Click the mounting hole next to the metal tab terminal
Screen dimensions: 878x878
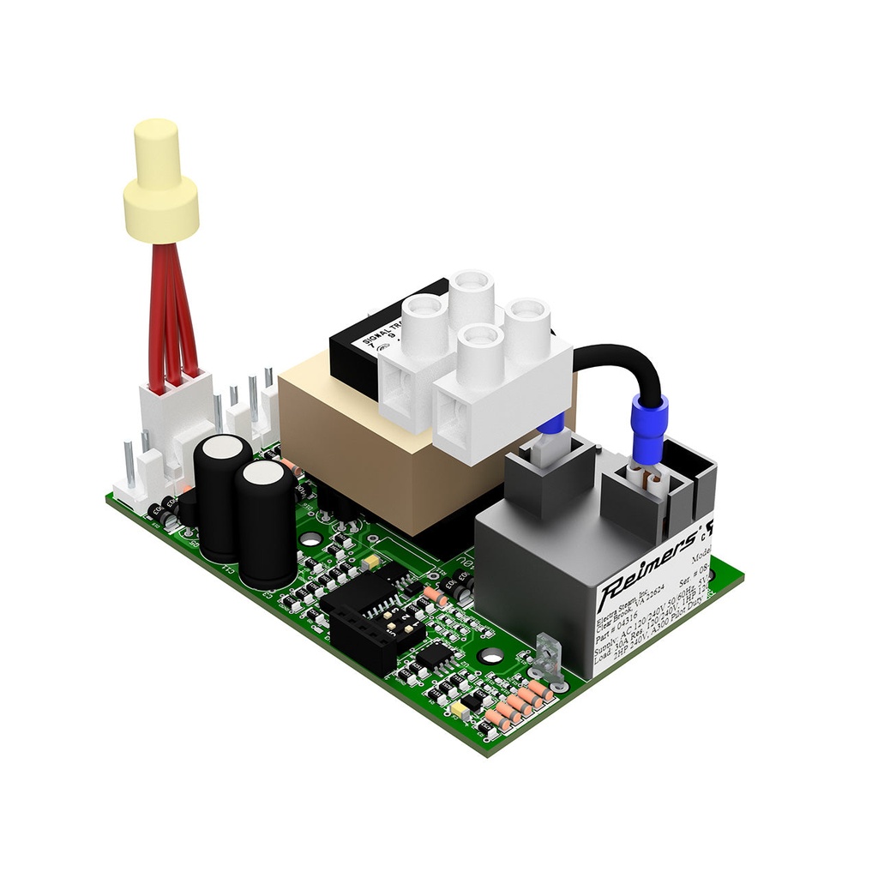click(x=492, y=657)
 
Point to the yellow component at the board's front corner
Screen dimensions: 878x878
click(x=464, y=711)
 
